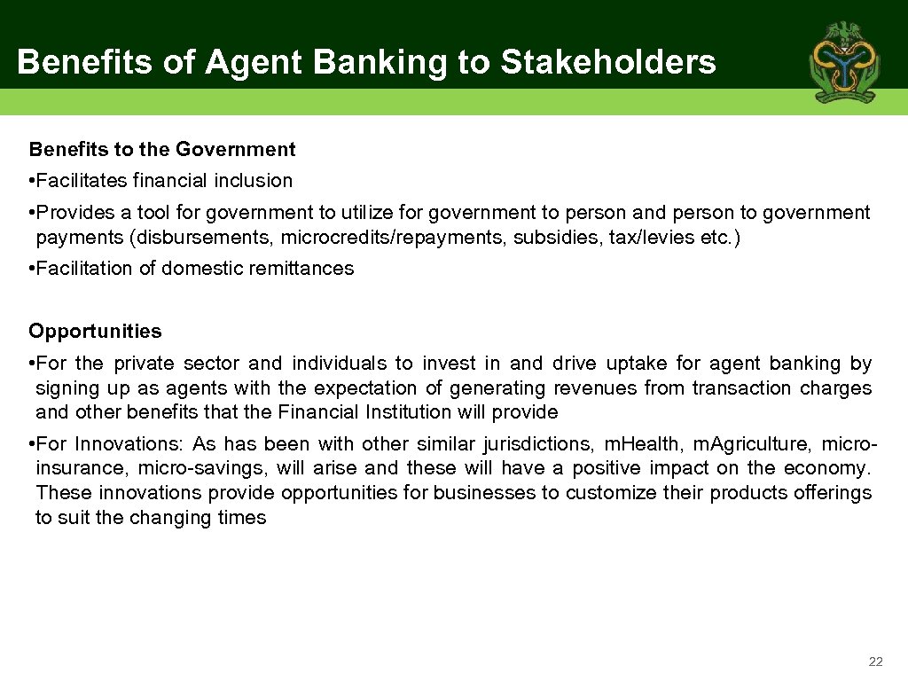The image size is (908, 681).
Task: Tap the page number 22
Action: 876,661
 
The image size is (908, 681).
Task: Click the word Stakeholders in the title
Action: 608,62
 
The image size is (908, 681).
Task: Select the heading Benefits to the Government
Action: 162,149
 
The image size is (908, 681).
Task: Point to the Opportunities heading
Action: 95,332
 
